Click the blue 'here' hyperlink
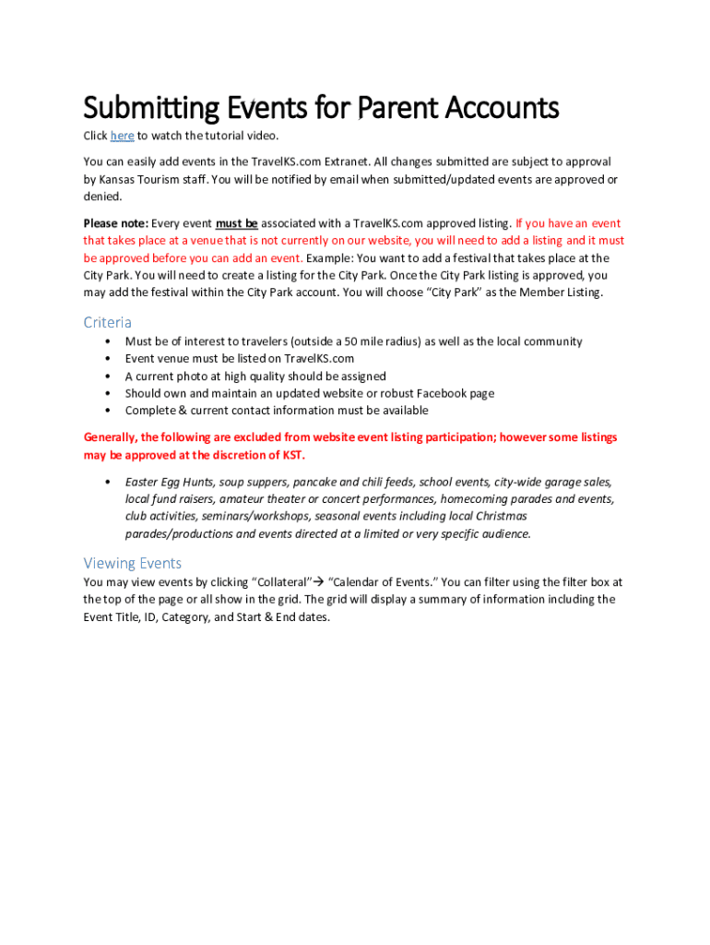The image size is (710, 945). [x=122, y=137]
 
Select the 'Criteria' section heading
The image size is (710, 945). [x=107, y=322]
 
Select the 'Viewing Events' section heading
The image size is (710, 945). [x=132, y=563]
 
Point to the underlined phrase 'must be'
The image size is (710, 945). [x=237, y=223]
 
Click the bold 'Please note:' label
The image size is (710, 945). [x=115, y=223]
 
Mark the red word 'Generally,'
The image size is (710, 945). [x=112, y=437]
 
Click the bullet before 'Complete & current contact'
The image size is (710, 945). [x=108, y=411]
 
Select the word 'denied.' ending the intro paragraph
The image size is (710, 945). [x=102, y=197]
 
